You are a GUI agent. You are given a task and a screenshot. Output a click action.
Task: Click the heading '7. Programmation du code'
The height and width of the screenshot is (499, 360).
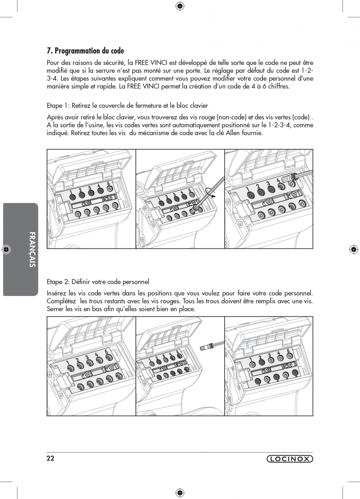pos(85,51)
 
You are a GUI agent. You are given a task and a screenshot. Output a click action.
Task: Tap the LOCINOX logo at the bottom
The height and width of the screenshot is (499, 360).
pos(290,459)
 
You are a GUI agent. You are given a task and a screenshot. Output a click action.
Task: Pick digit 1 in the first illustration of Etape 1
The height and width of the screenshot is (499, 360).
pos(72,191)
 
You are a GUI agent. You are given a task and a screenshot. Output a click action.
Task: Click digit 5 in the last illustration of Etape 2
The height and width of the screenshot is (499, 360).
pos(288,351)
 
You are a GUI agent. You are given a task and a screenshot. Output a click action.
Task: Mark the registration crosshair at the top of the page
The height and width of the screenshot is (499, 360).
pos(180,5)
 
